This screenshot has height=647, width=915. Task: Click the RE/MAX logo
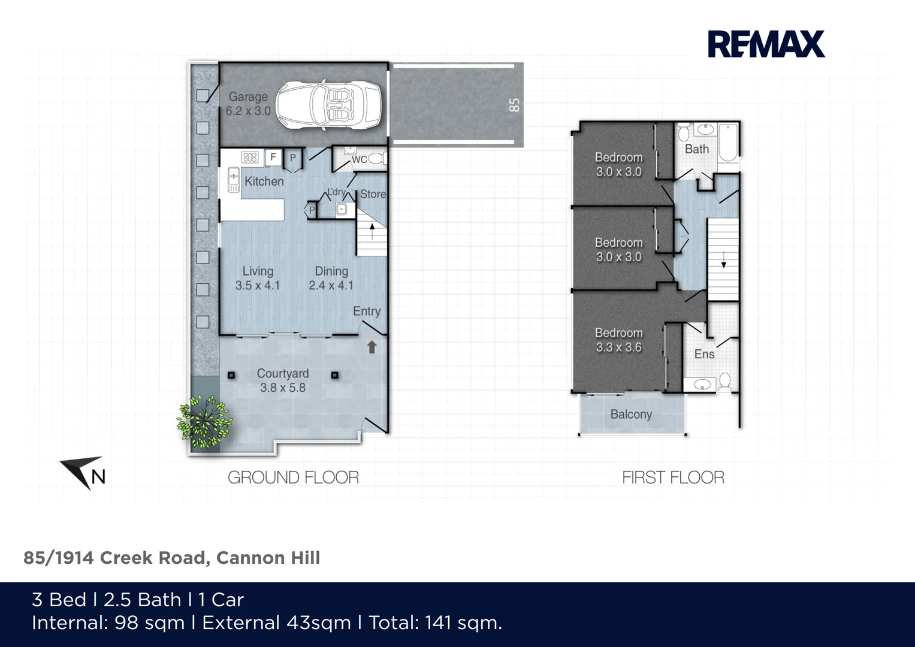766,44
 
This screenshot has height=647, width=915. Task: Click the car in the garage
328,105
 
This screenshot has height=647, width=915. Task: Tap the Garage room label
248,104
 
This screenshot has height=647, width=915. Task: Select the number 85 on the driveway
514,105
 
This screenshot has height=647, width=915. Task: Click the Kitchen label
264,181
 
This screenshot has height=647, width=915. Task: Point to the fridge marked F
273,158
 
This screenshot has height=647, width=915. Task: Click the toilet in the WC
376,159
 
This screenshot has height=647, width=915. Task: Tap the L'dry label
336,192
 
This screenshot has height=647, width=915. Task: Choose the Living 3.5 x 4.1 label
258,279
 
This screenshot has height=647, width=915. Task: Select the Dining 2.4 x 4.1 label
331,279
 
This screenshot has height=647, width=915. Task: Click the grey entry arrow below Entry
372,347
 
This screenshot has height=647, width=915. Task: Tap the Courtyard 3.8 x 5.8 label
283,380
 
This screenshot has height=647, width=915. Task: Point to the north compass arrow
83,473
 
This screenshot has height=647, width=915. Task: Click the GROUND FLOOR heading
293,477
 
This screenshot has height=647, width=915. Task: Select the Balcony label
631,414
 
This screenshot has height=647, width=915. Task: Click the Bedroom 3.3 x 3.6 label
618,340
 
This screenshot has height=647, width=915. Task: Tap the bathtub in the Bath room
728,143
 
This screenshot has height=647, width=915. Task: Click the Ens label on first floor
704,354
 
